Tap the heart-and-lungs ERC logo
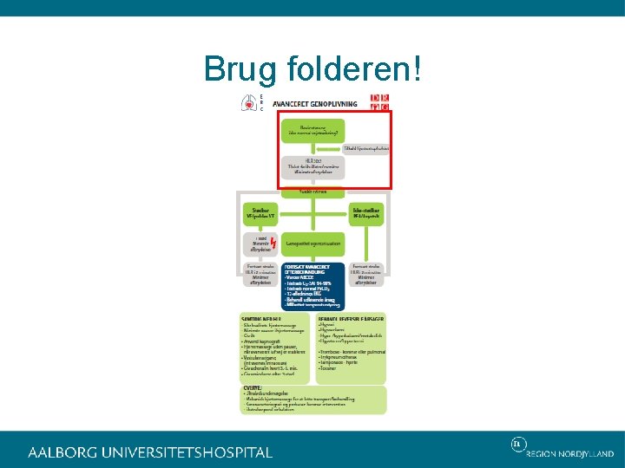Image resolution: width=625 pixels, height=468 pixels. [252, 103]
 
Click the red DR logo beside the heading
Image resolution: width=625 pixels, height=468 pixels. [379, 102]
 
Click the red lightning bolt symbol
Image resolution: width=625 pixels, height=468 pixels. [273, 244]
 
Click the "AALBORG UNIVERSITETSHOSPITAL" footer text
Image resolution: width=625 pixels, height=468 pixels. [149, 452]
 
